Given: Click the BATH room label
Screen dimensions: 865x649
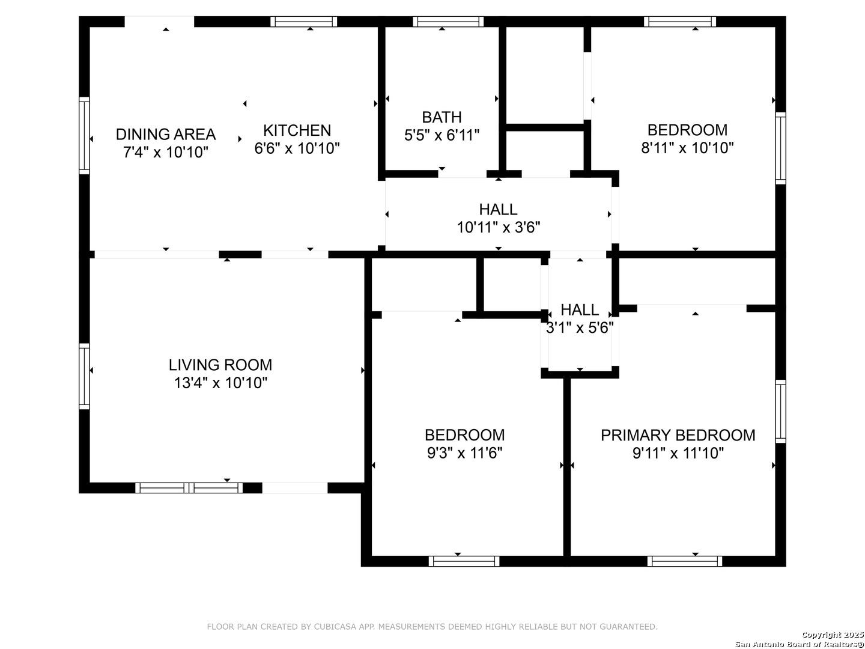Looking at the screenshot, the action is [x=442, y=117].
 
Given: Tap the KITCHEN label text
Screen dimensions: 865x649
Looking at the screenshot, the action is [x=297, y=130].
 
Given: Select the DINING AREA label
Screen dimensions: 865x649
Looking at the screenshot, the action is [x=166, y=135].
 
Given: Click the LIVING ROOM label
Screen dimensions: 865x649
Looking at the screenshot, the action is [x=220, y=365].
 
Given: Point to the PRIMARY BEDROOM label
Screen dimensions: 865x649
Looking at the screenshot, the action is [x=678, y=436].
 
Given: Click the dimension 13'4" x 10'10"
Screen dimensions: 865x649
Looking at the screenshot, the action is [x=220, y=383].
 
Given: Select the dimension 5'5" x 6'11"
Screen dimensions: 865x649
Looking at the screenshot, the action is [x=442, y=135].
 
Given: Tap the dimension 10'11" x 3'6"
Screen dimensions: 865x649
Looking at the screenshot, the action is [x=498, y=227].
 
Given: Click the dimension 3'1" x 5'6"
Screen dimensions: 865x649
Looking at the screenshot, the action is [x=580, y=328].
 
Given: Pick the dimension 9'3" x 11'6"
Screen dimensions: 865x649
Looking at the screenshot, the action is [x=464, y=453].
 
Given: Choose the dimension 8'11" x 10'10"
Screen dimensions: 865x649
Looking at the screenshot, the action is [x=687, y=148].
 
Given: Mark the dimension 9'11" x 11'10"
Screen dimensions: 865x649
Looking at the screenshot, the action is [x=678, y=453].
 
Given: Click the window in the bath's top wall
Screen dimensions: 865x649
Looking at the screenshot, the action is [x=448, y=22].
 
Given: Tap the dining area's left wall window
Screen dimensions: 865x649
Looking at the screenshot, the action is [x=84, y=136].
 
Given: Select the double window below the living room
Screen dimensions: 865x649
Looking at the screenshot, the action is [x=189, y=488].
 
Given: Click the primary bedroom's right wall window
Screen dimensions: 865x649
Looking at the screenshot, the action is [x=780, y=412].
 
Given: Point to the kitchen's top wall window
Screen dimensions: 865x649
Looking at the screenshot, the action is [x=303, y=22].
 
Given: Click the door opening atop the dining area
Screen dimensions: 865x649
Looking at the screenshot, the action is [x=160, y=22].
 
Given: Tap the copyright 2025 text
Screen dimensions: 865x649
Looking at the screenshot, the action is [x=833, y=635].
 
